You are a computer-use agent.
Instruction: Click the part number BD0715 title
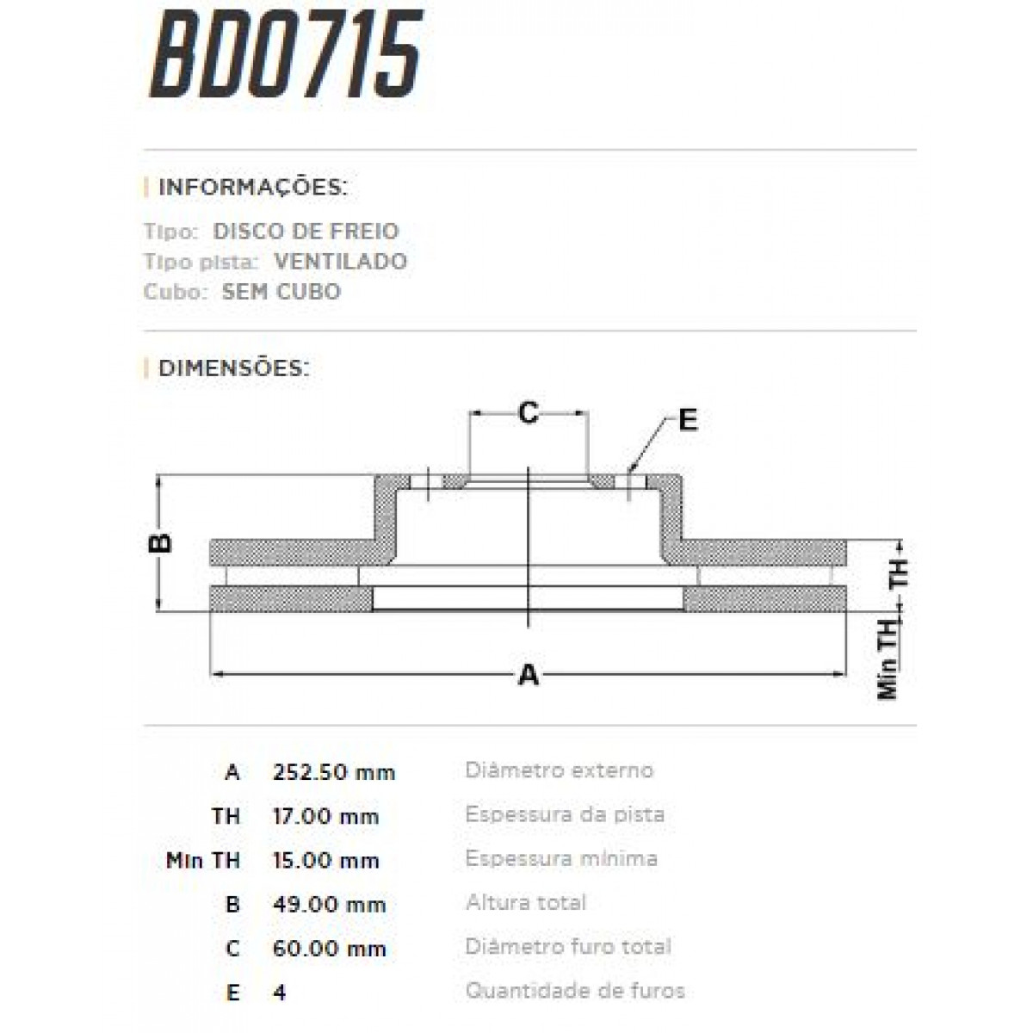tap(286, 53)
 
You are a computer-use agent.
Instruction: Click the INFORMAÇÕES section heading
tap(253, 187)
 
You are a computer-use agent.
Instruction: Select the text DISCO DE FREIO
tap(306, 231)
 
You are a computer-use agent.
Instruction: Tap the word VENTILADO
tap(340, 261)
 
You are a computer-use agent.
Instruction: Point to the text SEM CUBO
tap(281, 291)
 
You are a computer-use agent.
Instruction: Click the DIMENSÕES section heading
tap(233, 368)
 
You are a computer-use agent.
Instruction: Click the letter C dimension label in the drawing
tap(528, 413)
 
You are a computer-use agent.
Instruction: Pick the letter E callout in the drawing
tap(687, 420)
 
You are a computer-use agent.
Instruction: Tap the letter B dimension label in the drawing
tap(161, 542)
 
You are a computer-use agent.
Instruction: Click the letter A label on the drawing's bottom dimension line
tap(528, 675)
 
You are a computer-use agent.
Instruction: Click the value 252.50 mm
tap(334, 772)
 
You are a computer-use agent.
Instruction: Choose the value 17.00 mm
tap(325, 816)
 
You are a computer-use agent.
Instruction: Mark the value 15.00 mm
tap(325, 860)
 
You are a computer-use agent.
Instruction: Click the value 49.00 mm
tap(329, 905)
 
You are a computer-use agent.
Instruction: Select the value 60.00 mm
tap(329, 949)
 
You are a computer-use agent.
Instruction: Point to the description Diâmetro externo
tap(559, 770)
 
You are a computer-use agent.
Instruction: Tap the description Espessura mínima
tap(561, 858)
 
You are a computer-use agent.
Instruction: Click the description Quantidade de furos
tap(575, 991)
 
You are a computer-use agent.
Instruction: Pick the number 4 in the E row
tap(279, 993)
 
